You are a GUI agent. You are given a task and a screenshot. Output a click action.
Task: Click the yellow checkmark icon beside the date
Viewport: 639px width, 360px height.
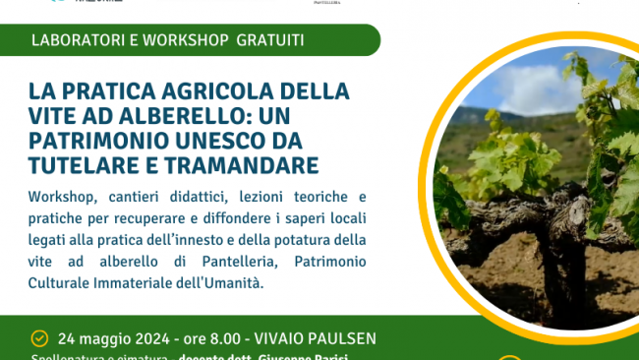pos(39,337)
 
